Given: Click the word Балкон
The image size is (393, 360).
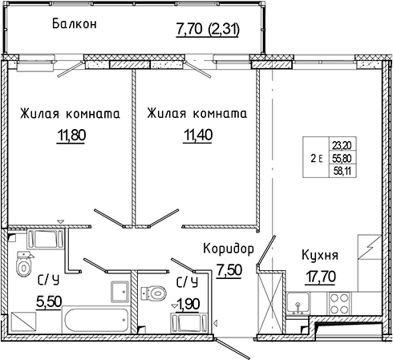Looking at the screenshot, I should pyautogui.click(x=75, y=24).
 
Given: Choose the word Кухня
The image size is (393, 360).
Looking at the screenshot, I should pyautogui.click(x=319, y=256).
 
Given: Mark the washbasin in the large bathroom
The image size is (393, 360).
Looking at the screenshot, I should pyautogui.click(x=118, y=291).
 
